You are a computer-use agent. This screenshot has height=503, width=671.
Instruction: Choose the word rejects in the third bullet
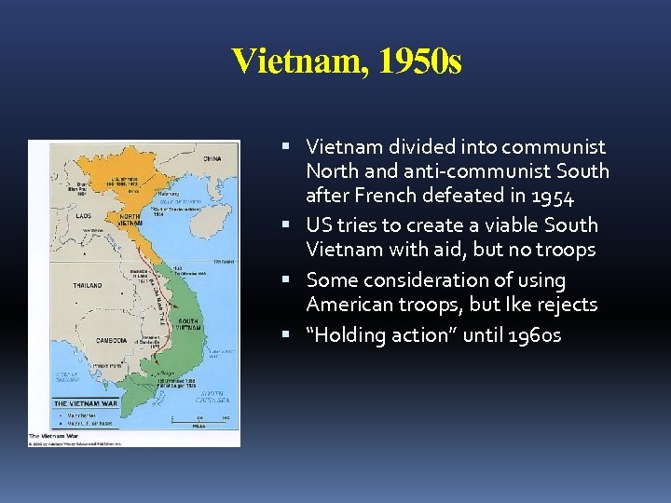pos(567,305)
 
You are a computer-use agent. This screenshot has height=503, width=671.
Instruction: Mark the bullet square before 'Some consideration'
pos(294,279)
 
